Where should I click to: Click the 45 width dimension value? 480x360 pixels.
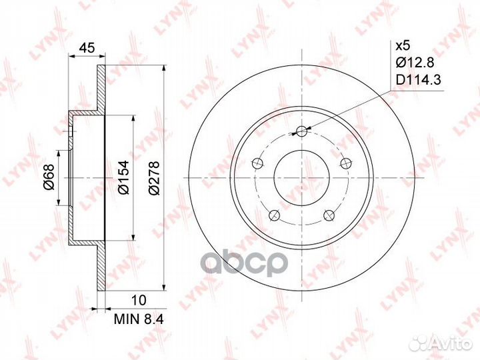point(87,48)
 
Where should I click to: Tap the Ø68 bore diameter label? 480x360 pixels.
point(49,177)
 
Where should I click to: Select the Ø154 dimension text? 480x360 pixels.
point(124,177)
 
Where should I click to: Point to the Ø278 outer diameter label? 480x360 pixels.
point(154,177)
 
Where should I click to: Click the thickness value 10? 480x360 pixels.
point(139,300)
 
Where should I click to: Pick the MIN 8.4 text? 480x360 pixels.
point(139,319)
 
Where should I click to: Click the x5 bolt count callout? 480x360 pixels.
point(402,46)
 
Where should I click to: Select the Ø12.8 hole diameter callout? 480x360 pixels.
point(415,63)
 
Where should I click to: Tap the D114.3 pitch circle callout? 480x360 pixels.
point(418,80)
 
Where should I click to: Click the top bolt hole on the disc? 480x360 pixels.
point(301,131)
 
